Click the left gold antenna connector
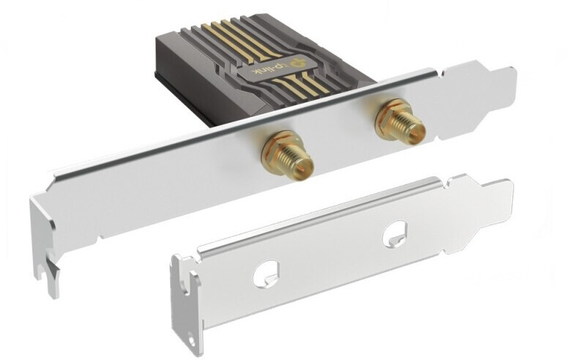tap(287, 157)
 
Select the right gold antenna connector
tap(400, 121)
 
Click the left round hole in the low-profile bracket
tap(267, 274)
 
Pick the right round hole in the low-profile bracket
tap(395, 234)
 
